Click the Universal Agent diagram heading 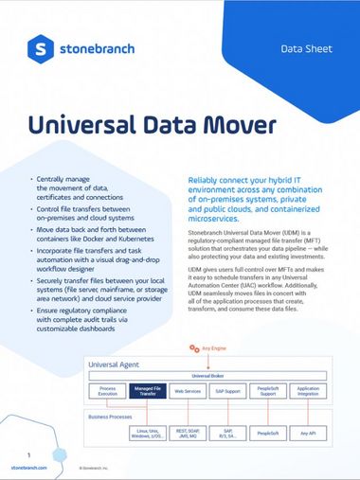click(x=114, y=363)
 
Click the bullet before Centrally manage click(x=34, y=178)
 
